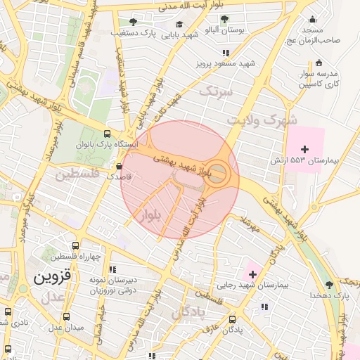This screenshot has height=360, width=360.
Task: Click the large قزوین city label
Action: (x=53, y=276)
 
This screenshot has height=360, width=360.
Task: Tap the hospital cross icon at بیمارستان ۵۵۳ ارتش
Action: (x=304, y=149)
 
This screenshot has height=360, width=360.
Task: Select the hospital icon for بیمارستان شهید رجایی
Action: (x=252, y=274)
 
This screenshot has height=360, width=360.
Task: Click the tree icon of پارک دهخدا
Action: (x=329, y=285)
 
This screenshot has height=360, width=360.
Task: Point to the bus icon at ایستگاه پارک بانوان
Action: (x=107, y=134)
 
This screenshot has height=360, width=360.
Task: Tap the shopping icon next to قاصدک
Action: (x=119, y=167)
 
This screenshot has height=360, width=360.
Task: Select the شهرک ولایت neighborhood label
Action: (x=263, y=120)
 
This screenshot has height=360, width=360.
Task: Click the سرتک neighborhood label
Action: (x=215, y=91)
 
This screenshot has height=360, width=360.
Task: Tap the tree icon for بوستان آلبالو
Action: (x=224, y=20)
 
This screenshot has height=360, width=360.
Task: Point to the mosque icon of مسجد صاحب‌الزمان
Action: (x=312, y=20)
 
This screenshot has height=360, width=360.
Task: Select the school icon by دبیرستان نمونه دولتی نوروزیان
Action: (x=112, y=269)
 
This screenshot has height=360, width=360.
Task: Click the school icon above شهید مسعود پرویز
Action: (x=225, y=53)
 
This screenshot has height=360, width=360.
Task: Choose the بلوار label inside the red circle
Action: (x=153, y=215)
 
